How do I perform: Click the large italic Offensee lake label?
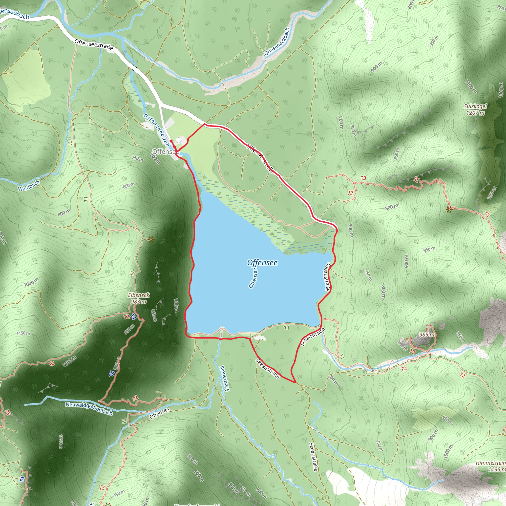tap(262, 263)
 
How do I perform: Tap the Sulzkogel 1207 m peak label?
tap(475, 109)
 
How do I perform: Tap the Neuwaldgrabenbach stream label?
tap(89, 409)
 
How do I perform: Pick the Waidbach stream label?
tap(29, 186)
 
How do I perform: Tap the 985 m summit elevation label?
tap(427, 335)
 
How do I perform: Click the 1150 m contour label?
tap(23, 333)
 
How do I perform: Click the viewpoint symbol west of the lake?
tap(150, 239)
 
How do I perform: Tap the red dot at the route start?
tap(171, 141)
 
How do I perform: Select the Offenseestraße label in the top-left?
tap(93, 45)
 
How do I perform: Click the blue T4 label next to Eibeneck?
tap(133, 316)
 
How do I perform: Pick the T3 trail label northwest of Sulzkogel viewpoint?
tap(363, 178)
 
